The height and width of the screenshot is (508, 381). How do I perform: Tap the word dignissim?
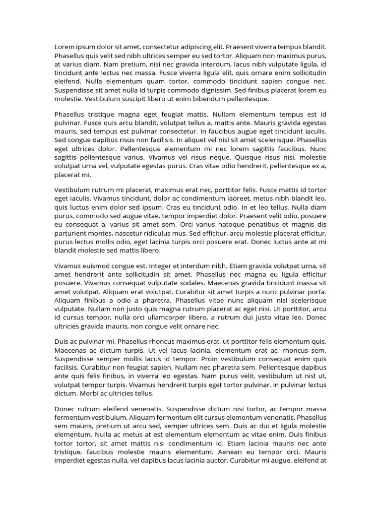[214, 90]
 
